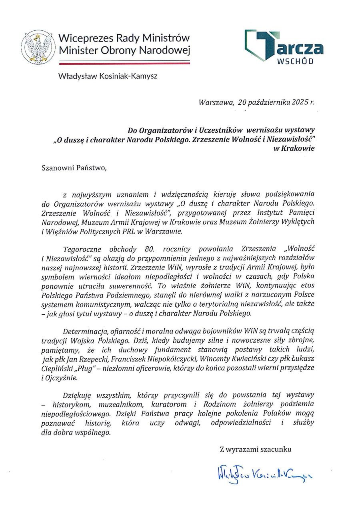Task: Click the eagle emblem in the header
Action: pos(38,47)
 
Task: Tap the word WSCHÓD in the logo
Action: pos(295,62)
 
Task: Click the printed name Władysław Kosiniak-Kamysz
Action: pos(108,76)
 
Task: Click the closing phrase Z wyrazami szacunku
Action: pos(256,449)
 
